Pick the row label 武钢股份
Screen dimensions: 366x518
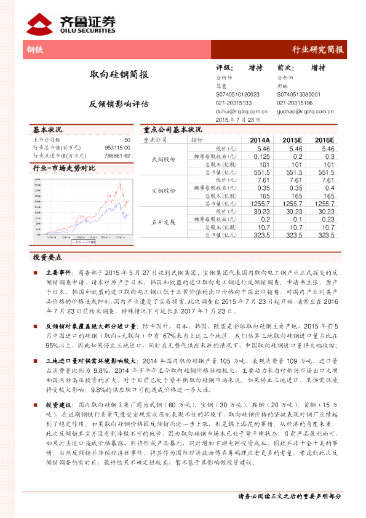[x=164, y=160]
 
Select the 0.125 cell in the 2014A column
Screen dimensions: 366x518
[x=261, y=156]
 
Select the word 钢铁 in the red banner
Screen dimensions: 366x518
[x=35, y=49]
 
